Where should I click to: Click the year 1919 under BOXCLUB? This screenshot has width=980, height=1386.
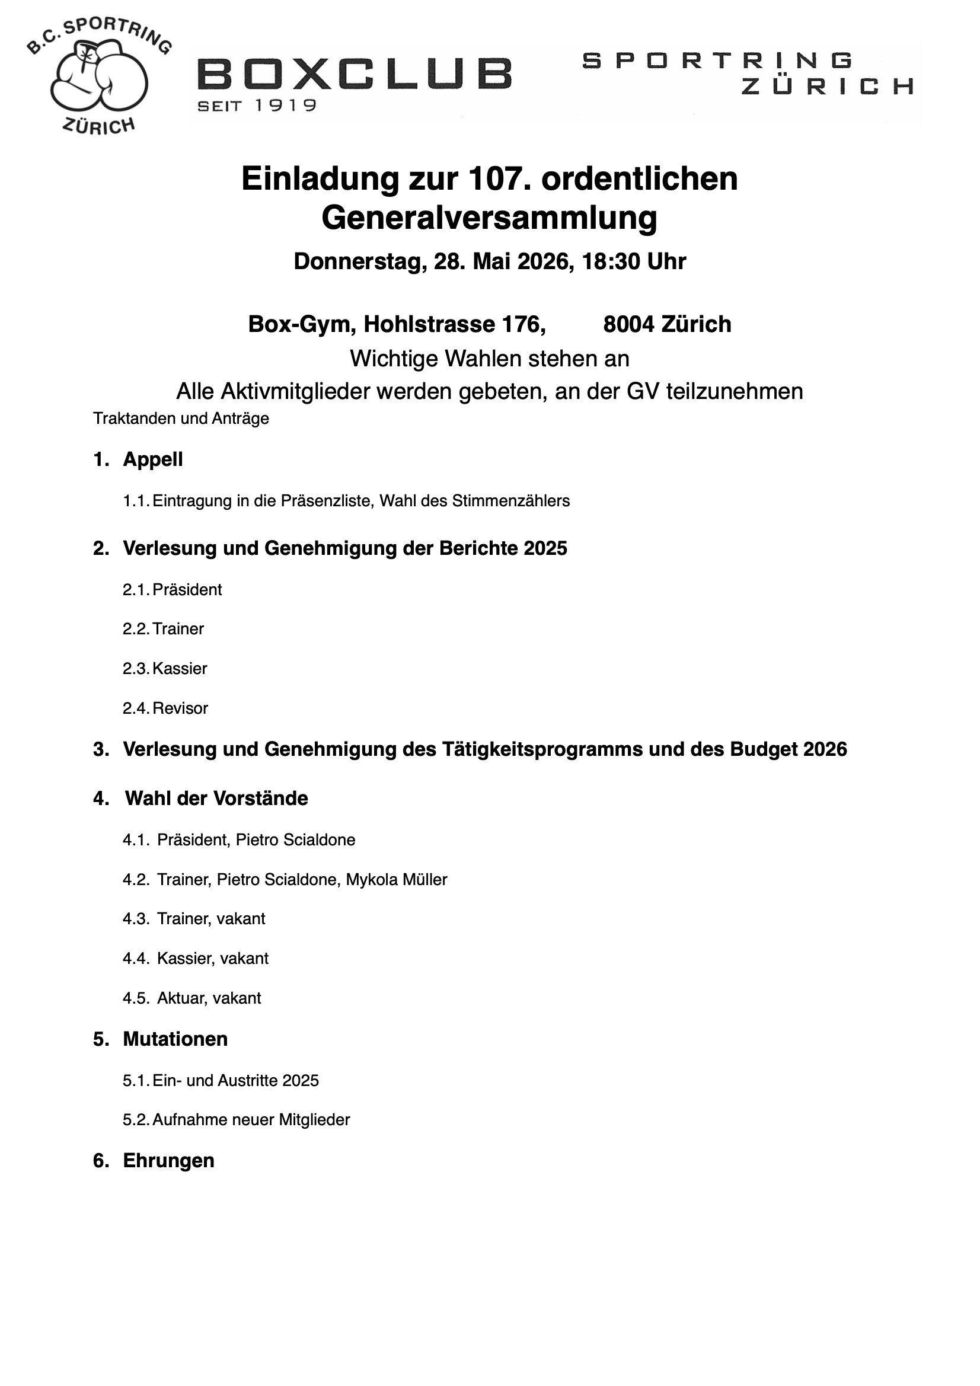pos(285,106)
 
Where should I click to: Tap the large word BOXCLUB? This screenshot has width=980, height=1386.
pos(355,74)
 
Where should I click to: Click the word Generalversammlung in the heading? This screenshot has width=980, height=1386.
pos(489,218)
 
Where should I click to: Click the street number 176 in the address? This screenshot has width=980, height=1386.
pos(527,324)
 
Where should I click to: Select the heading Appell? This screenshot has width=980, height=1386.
pos(153,459)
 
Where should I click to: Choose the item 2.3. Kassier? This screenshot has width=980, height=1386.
pos(165,669)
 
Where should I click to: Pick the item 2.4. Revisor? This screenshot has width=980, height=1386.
pos(165,708)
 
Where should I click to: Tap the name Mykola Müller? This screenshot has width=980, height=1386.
pos(396,880)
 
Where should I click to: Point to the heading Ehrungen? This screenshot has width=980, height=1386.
pos(168,1160)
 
